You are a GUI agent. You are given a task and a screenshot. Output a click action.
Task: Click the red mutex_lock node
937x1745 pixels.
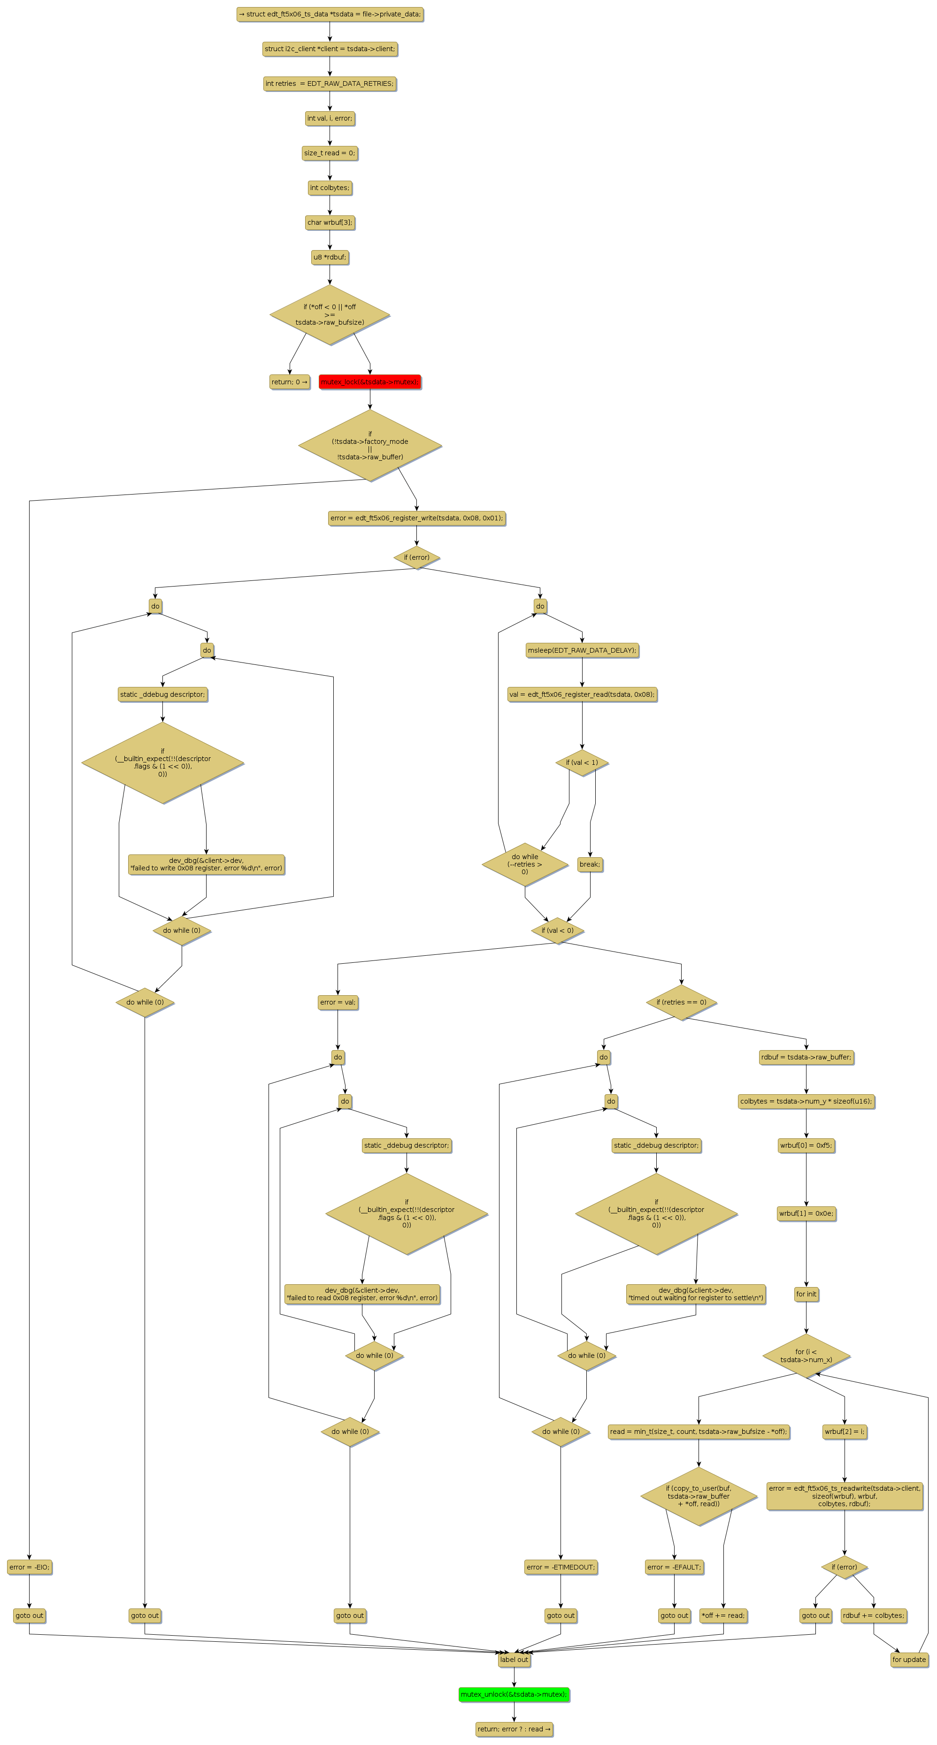pos(369,382)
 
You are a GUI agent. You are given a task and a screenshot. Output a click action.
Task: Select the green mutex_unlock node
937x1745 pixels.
pos(514,1694)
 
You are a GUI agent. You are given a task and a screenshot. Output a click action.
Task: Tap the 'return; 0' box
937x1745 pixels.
pos(289,382)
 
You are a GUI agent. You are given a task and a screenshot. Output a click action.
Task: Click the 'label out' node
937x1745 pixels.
pos(514,1660)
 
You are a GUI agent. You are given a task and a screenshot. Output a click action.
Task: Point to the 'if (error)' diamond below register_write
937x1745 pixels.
pos(417,557)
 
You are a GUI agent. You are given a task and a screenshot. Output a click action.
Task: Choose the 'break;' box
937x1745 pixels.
pos(590,864)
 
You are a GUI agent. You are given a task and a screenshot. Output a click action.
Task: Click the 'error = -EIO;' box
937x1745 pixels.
pos(29,1567)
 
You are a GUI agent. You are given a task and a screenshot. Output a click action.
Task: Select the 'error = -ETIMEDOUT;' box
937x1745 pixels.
pos(561,1567)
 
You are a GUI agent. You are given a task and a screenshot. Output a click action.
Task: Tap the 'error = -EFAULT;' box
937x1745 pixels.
pos(674,1567)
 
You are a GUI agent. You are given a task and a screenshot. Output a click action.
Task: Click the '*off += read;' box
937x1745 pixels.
pos(723,1615)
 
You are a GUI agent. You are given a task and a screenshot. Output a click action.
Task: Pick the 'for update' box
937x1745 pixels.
pos(908,1660)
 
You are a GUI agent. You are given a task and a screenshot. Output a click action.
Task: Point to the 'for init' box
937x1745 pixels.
pos(806,1294)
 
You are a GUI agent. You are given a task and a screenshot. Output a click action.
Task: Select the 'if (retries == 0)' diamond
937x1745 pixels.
pos(681,1002)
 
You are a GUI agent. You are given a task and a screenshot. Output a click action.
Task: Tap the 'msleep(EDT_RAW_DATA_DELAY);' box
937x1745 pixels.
pos(582,650)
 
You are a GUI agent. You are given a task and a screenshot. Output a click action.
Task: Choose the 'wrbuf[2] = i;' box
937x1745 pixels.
pos(844,1432)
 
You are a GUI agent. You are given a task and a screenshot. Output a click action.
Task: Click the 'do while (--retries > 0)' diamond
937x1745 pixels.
pos(524,864)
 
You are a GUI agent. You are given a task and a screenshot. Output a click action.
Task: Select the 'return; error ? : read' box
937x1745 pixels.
pos(514,1729)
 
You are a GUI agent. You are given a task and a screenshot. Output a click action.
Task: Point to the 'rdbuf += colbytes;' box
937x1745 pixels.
pos(873,1615)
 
